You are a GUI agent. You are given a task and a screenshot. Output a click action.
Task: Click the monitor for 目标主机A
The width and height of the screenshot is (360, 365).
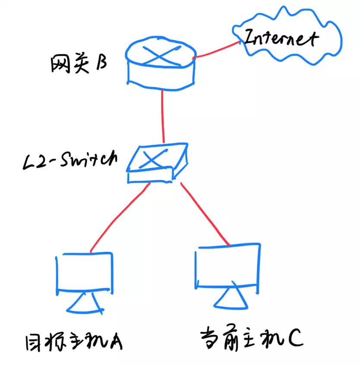point(85,272)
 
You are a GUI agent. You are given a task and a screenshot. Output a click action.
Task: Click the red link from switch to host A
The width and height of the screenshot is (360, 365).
point(119,218)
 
